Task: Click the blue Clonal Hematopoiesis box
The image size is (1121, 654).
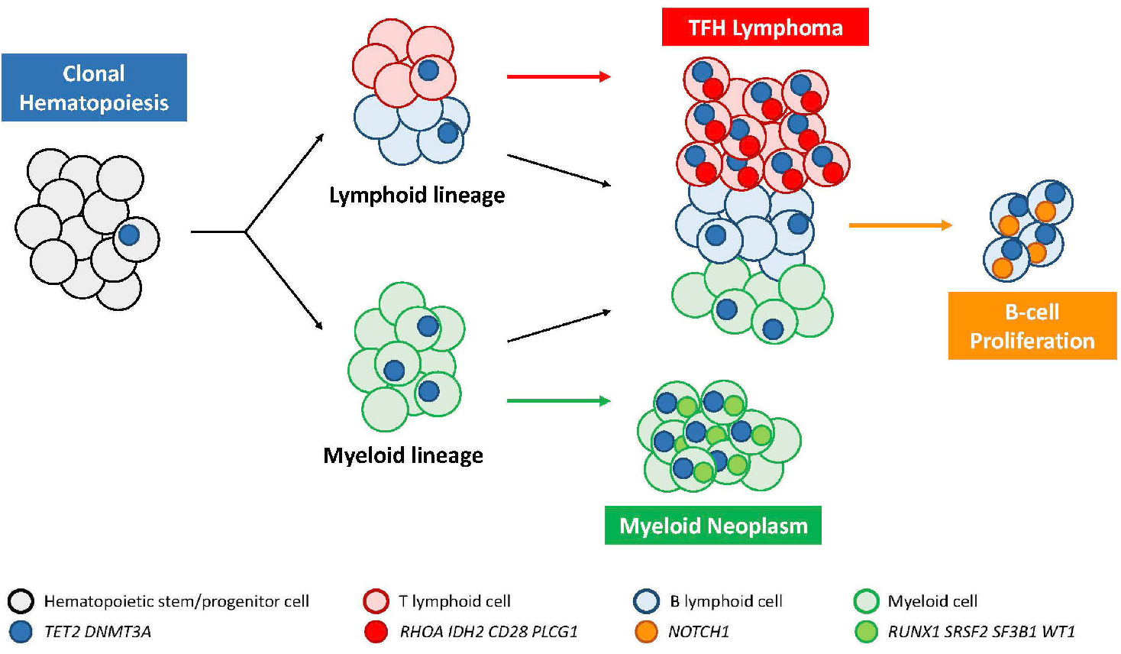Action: (x=94, y=87)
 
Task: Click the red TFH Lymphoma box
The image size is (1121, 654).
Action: (x=765, y=28)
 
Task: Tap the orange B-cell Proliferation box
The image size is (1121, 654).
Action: (x=1032, y=325)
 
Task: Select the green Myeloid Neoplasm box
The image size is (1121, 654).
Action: (x=712, y=526)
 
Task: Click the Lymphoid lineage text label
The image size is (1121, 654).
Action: (x=417, y=196)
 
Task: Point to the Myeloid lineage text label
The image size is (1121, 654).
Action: (x=403, y=455)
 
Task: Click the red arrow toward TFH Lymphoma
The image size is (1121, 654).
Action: (x=558, y=76)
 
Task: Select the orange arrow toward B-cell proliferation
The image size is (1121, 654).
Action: (x=900, y=225)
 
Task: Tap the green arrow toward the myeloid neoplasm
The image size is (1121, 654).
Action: (x=558, y=400)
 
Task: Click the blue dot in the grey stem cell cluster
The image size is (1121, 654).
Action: (x=129, y=235)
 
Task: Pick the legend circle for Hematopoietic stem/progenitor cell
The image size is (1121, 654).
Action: (x=21, y=601)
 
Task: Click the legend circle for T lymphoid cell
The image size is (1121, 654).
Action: (x=376, y=601)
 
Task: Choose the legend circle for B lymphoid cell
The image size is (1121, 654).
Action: (x=646, y=601)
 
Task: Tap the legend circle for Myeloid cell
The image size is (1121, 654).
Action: (x=866, y=601)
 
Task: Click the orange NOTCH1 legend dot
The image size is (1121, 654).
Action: (x=646, y=632)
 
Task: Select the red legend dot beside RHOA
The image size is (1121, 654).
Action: (x=376, y=632)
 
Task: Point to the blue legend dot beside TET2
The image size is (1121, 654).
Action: (x=21, y=632)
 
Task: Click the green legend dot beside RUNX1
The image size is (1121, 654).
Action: (x=866, y=632)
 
